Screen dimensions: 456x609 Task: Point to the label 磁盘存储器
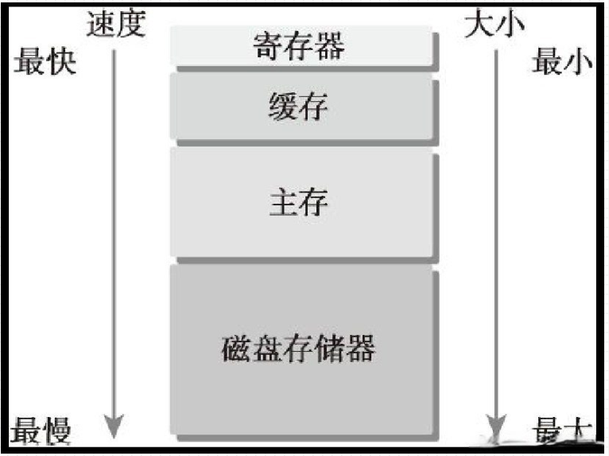point(298,348)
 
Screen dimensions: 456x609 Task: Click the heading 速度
point(117,23)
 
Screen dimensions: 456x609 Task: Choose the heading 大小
point(495,23)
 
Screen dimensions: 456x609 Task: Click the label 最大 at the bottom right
point(562,431)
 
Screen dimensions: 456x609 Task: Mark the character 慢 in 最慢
point(58,431)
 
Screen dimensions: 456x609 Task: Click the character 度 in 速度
point(132,23)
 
